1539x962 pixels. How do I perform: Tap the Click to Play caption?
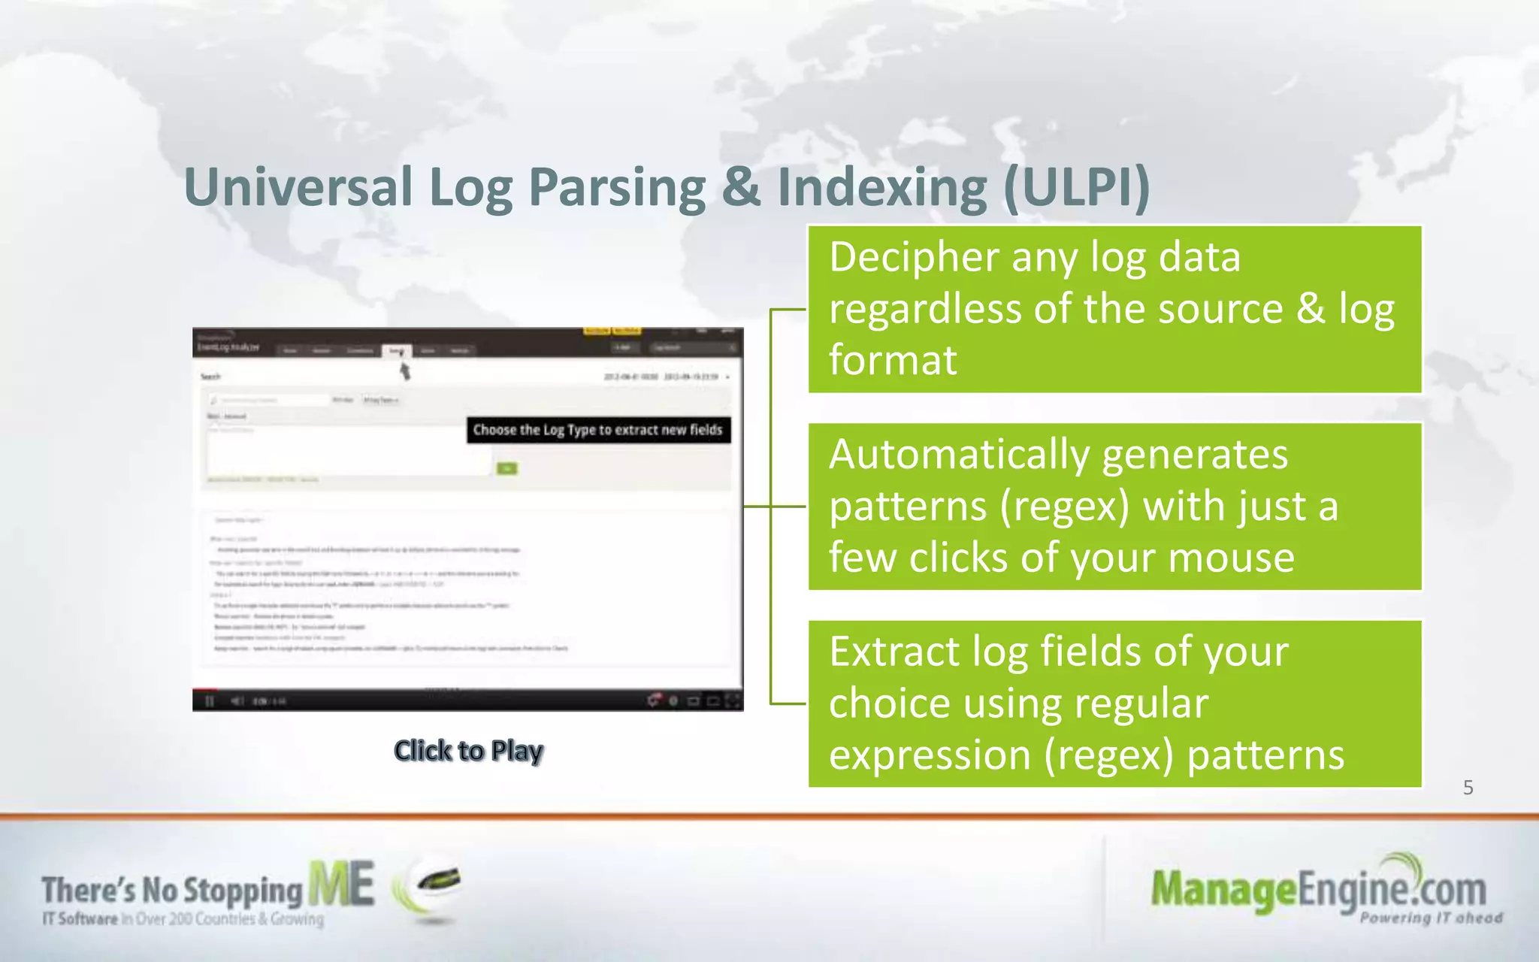pyautogui.click(x=468, y=751)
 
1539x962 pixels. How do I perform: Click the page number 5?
pyautogui.click(x=1468, y=788)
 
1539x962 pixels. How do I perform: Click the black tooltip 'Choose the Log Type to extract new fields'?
pyautogui.click(x=598, y=430)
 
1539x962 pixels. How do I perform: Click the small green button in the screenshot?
pyautogui.click(x=507, y=469)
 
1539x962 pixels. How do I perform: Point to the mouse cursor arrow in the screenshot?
pyautogui.click(x=404, y=371)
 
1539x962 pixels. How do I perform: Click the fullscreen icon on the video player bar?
pyautogui.click(x=733, y=701)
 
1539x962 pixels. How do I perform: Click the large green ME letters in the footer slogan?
pyautogui.click(x=341, y=885)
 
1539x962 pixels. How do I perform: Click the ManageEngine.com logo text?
pyautogui.click(x=1318, y=890)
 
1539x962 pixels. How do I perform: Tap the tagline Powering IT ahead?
pyautogui.click(x=1430, y=918)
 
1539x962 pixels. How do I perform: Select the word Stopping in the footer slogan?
pyautogui.click(x=242, y=891)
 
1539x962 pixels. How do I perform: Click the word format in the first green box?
pyautogui.click(x=893, y=360)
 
